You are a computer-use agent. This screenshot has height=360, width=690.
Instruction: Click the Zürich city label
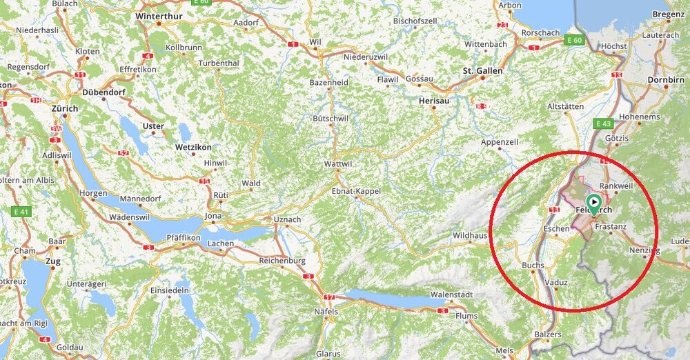[x=65, y=109]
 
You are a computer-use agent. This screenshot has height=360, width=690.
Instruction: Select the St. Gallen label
[x=482, y=70]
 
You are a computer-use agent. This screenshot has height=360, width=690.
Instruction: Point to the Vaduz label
[x=555, y=283]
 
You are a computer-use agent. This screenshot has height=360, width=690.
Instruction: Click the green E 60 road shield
[x=573, y=40]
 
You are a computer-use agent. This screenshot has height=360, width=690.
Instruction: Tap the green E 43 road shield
[x=603, y=123]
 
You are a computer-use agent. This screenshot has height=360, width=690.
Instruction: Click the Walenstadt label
[x=451, y=295]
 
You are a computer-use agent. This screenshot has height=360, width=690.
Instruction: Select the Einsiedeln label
[x=170, y=290]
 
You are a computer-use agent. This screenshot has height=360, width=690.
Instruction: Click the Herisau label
[x=434, y=101]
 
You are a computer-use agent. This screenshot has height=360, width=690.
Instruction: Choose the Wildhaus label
[x=469, y=236]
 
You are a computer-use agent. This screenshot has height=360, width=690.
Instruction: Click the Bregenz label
[x=668, y=14]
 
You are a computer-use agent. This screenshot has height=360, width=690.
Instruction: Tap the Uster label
[x=152, y=126]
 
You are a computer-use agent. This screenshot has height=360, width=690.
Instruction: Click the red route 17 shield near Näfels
[x=329, y=297]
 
